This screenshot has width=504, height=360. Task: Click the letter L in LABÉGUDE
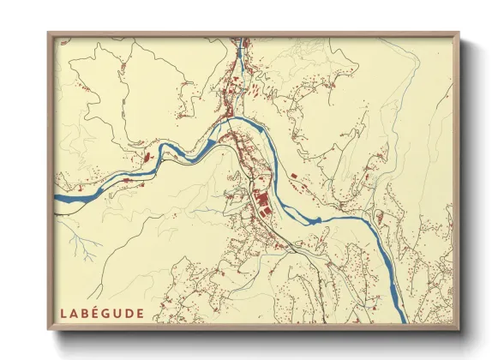pos(63,313)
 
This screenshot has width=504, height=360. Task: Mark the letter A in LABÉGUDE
pos(75,313)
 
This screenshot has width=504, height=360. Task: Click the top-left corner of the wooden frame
pos(48,33)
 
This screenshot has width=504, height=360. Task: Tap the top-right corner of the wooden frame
pos(460,33)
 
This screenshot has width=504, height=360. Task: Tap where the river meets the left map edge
pos(57,201)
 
